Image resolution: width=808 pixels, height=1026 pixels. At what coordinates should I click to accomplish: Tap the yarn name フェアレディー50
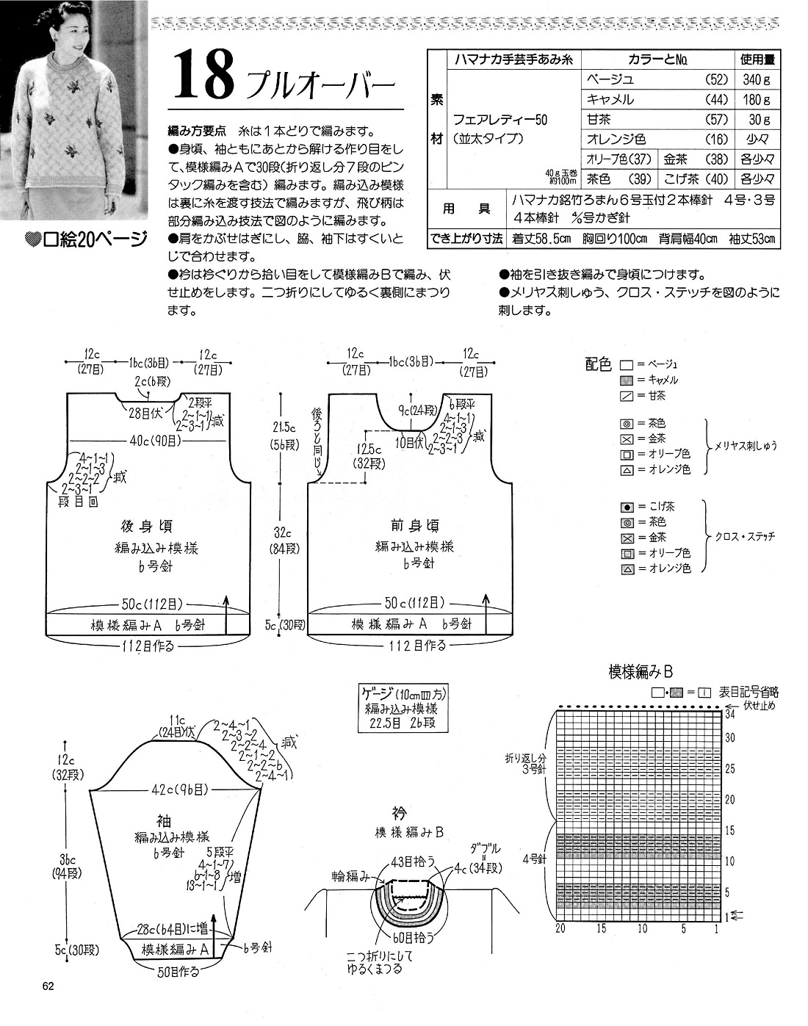pos(500,119)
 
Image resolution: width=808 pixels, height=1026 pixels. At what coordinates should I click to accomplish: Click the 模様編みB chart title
pos(641,671)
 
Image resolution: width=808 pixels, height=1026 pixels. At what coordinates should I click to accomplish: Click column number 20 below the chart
pos(560,929)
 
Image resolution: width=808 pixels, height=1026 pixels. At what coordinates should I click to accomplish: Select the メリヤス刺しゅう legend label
pos(746,445)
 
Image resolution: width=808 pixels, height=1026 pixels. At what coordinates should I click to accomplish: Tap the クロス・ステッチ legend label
pos(745,536)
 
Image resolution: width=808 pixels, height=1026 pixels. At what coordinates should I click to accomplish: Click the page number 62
pos(48,986)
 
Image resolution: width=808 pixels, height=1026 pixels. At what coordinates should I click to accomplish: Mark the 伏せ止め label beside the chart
pos(759,705)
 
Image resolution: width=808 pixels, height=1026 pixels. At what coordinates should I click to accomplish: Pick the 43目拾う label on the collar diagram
pos(414,861)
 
